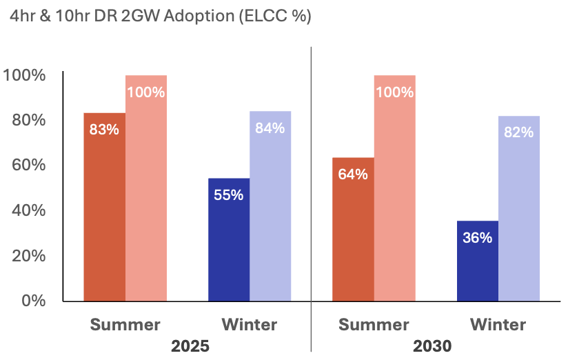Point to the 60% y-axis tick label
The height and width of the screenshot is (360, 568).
click(x=28, y=165)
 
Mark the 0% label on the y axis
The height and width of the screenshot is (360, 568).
click(x=32, y=301)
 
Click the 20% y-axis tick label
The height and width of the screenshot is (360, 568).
click(x=28, y=256)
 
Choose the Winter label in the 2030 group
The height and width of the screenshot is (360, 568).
click(x=498, y=324)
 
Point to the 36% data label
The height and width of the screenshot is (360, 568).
click(x=477, y=238)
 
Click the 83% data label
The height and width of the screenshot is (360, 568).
click(x=104, y=129)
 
